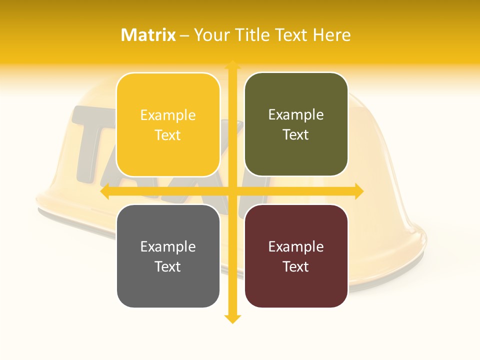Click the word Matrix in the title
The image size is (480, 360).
click(x=148, y=35)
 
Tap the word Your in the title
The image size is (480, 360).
click(x=211, y=35)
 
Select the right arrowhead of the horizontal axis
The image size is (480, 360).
click(x=358, y=191)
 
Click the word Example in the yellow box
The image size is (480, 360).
click(x=168, y=115)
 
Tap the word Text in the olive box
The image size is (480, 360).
click(x=296, y=134)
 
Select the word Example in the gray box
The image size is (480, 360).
click(x=168, y=247)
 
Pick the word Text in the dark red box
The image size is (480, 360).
click(x=296, y=266)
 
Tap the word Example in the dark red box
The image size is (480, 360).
click(x=296, y=247)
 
